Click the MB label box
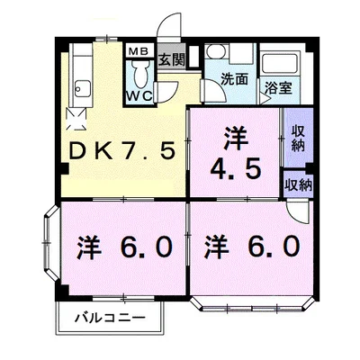pyautogui.click(x=139, y=50)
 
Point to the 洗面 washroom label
pyautogui.click(x=236, y=79)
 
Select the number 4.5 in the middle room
pyautogui.click(x=234, y=167)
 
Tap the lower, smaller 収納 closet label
pyautogui.click(x=298, y=184)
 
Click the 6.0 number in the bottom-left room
pyautogui.click(x=139, y=245)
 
